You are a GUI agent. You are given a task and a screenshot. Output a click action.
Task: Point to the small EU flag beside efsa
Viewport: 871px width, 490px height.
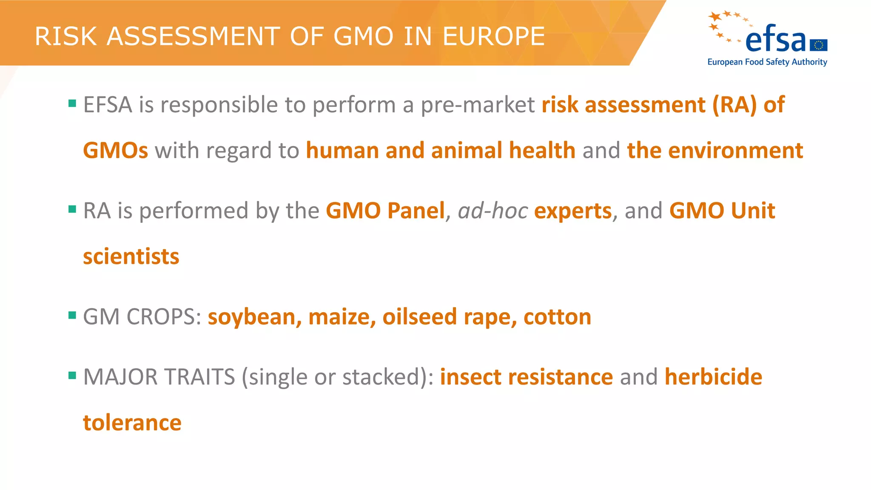819,45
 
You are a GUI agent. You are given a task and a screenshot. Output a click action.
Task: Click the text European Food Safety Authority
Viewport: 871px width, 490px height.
767,62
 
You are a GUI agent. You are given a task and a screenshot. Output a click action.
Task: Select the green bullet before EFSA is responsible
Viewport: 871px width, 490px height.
72,103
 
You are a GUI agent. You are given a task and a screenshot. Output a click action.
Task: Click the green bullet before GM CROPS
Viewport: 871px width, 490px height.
72,315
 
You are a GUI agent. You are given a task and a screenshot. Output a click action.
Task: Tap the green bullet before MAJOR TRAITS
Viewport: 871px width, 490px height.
72,375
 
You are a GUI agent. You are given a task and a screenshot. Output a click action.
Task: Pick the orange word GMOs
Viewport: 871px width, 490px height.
115,151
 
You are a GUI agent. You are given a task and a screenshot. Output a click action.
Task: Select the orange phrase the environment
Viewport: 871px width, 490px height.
715,151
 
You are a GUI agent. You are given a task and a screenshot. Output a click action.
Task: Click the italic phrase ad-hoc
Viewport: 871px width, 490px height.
492,211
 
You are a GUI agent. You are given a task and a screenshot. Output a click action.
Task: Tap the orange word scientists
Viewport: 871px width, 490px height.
131,256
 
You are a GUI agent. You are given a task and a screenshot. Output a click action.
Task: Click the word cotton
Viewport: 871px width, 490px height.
557,317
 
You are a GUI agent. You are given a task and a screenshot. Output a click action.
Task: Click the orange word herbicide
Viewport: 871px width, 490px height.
713,377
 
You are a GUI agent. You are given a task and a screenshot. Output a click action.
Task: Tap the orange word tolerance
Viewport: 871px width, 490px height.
132,423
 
